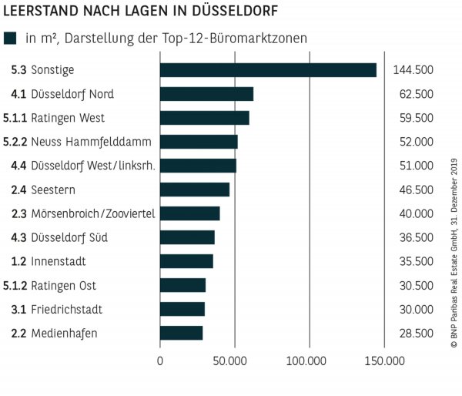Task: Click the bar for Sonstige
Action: point(268,70)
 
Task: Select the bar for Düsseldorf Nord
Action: point(206,94)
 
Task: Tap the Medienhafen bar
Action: point(181,333)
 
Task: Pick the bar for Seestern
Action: point(194,190)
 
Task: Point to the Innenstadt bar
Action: point(186,261)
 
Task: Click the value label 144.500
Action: point(413,70)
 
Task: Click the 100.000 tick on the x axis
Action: point(309,360)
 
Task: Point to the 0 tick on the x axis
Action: point(160,360)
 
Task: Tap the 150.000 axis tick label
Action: point(383,360)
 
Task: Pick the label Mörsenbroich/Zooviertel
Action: point(94,213)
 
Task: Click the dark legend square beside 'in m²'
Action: point(10,38)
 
